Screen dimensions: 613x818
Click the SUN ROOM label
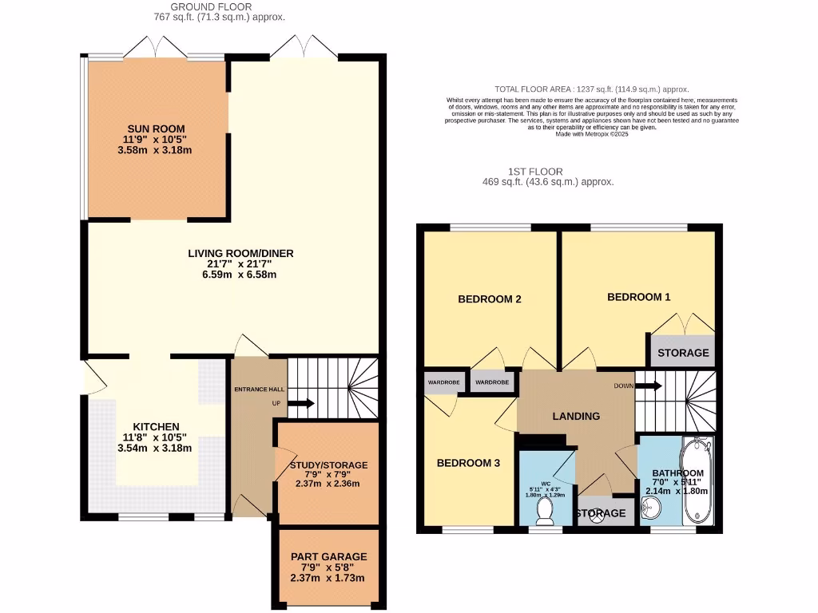[x=157, y=128]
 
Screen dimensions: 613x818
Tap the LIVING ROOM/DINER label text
[x=240, y=254]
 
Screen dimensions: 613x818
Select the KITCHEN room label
[x=156, y=426]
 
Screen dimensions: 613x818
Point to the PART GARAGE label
[x=328, y=556]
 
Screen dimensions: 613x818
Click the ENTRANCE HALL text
[x=257, y=389]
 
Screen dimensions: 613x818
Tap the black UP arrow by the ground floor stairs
[x=300, y=404]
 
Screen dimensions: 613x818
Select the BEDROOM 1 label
[x=638, y=297]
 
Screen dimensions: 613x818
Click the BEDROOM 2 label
[x=489, y=300]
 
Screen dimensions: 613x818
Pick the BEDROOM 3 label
[x=468, y=463]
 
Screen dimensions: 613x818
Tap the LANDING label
[x=576, y=416]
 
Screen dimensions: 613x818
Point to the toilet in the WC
[x=546, y=511]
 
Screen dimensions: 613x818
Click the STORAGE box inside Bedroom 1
[x=682, y=353]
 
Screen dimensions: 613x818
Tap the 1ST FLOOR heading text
[x=535, y=172]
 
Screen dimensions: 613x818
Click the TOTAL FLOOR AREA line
[x=591, y=89]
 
